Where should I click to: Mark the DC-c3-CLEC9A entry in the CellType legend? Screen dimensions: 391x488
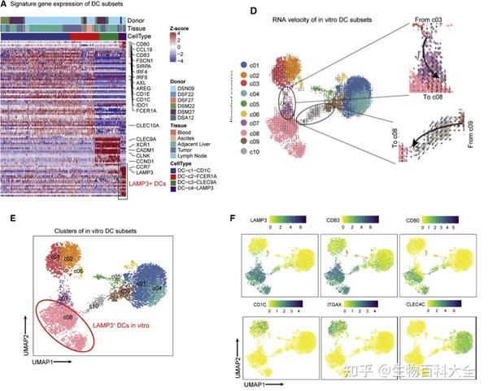pos(198,190)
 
